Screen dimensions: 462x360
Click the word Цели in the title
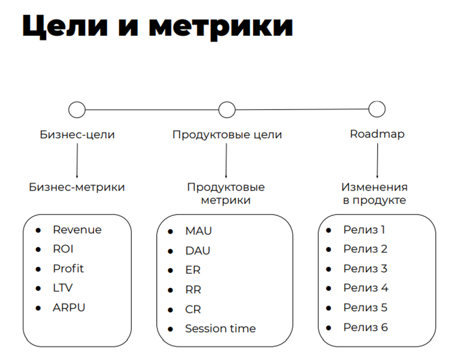67,27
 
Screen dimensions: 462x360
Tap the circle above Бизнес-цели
77,109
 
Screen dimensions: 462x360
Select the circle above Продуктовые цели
227,109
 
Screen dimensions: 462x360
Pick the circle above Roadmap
377,109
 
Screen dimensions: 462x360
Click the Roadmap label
377,135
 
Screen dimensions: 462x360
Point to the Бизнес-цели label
77,135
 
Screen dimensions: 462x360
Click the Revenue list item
77,230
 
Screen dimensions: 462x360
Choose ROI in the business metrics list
63,249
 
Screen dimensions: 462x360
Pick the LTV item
63,288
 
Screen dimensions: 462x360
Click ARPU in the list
69,308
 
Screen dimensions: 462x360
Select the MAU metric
198,231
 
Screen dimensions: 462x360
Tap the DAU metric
198,251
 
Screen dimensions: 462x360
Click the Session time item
220,328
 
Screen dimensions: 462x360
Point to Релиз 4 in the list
365,288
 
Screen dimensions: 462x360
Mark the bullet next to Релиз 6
329,327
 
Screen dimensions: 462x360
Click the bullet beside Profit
39,269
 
